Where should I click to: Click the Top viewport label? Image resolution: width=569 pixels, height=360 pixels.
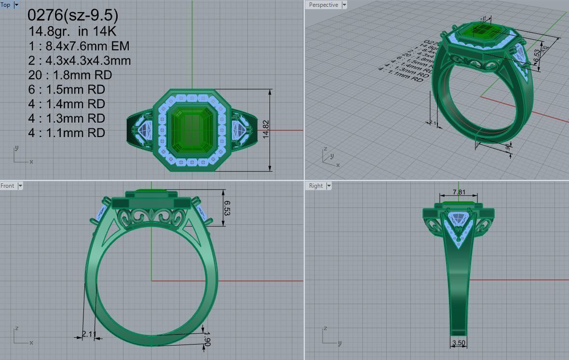(6, 5)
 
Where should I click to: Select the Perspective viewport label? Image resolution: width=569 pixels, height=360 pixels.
(323, 5)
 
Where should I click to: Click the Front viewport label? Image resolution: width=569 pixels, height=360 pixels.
(8, 186)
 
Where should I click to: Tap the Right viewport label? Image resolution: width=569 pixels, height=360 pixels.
(316, 186)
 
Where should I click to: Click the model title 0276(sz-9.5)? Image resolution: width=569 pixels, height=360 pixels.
(72, 15)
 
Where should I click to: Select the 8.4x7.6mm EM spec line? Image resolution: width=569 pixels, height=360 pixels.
(79, 46)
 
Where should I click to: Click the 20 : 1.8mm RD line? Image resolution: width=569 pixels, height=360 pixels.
(69, 75)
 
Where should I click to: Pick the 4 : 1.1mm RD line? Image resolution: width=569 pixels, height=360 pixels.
(66, 133)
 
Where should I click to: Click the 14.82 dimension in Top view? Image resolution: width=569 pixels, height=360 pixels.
(266, 130)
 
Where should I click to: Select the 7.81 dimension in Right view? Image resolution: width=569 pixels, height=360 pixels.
(459, 192)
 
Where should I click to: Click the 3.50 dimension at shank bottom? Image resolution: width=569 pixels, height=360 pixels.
(459, 343)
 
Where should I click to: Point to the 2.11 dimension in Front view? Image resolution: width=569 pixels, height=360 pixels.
(89, 334)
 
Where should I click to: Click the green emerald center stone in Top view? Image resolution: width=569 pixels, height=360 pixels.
(191, 129)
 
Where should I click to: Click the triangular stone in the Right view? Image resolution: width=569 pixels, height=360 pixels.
(459, 220)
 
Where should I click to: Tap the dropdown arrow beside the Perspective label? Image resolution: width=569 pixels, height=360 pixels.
(344, 5)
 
